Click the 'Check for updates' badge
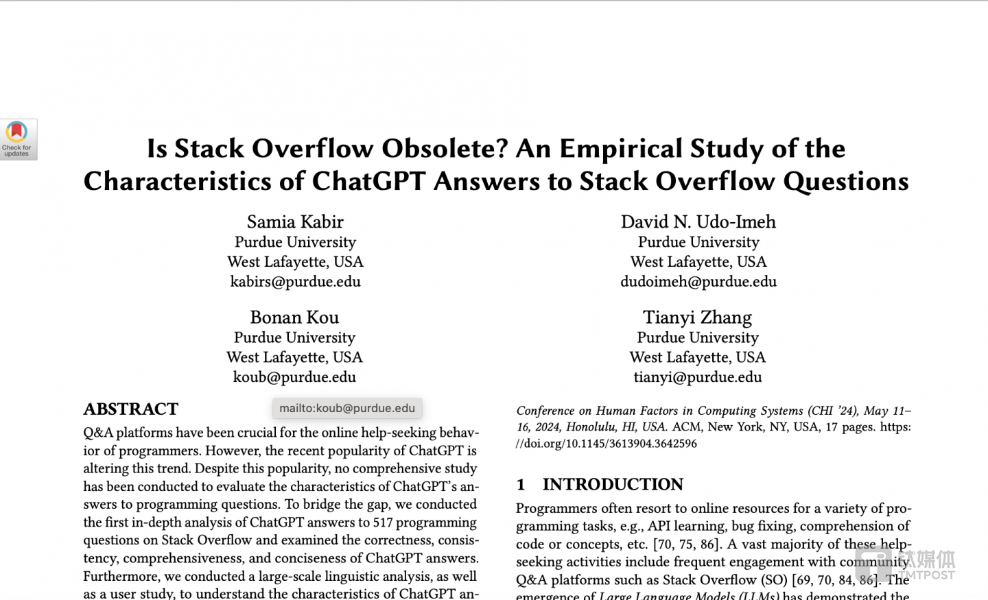(17, 139)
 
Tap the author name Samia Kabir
(295, 221)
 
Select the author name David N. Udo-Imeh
(698, 221)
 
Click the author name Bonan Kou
(294, 317)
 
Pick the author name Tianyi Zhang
(697, 317)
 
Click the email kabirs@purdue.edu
(295, 281)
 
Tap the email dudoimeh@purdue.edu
(698, 281)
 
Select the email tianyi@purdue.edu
(697, 376)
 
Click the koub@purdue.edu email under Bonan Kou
(294, 376)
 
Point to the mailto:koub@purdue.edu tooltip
(347, 408)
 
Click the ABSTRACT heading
(131, 409)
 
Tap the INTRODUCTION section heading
(613, 484)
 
